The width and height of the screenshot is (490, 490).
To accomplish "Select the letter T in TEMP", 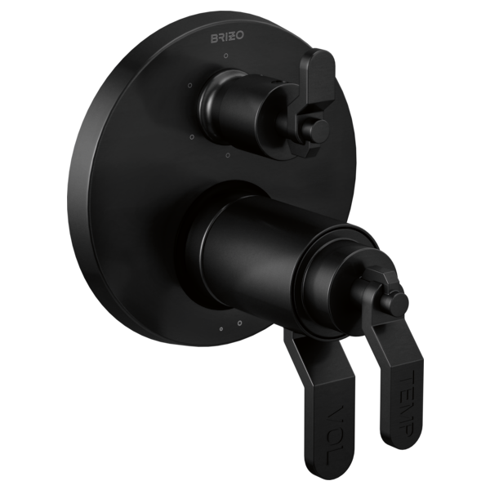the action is [408, 376].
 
